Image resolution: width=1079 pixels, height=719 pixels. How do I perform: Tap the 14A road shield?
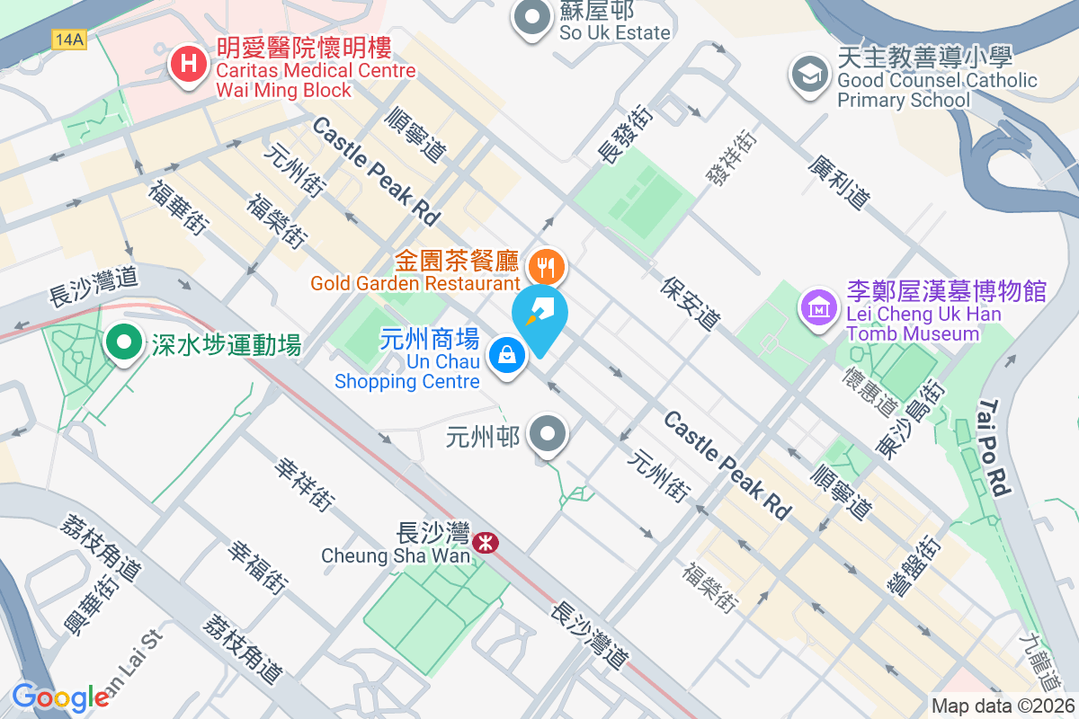pyautogui.click(x=68, y=40)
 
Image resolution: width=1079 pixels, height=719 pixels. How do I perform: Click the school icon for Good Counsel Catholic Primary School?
pyautogui.click(x=809, y=74)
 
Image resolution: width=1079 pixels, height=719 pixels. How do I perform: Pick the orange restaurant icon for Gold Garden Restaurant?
pyautogui.click(x=546, y=266)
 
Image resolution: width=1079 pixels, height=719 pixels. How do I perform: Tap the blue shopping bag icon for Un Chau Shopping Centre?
pyautogui.click(x=507, y=355)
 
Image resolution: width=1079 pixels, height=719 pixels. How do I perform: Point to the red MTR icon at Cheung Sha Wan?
pyautogui.click(x=486, y=543)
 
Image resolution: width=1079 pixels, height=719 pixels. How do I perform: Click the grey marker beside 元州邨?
pyautogui.click(x=548, y=437)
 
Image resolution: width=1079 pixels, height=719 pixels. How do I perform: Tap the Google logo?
pyautogui.click(x=60, y=697)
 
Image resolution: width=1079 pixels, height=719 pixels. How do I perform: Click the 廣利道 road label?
pyautogui.click(x=839, y=182)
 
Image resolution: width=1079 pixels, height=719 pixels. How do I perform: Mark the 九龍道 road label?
pyautogui.click(x=1043, y=652)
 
